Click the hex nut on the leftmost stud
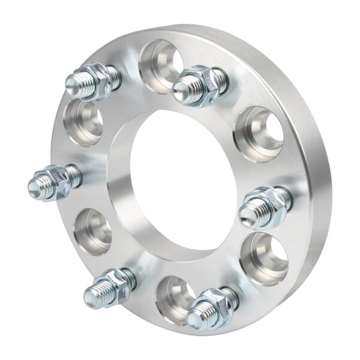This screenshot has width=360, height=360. pyautogui.click(x=59, y=179)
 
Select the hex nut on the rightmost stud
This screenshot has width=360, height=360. pyautogui.click(x=268, y=204)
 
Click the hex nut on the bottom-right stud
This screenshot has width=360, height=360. pyautogui.click(x=216, y=303)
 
